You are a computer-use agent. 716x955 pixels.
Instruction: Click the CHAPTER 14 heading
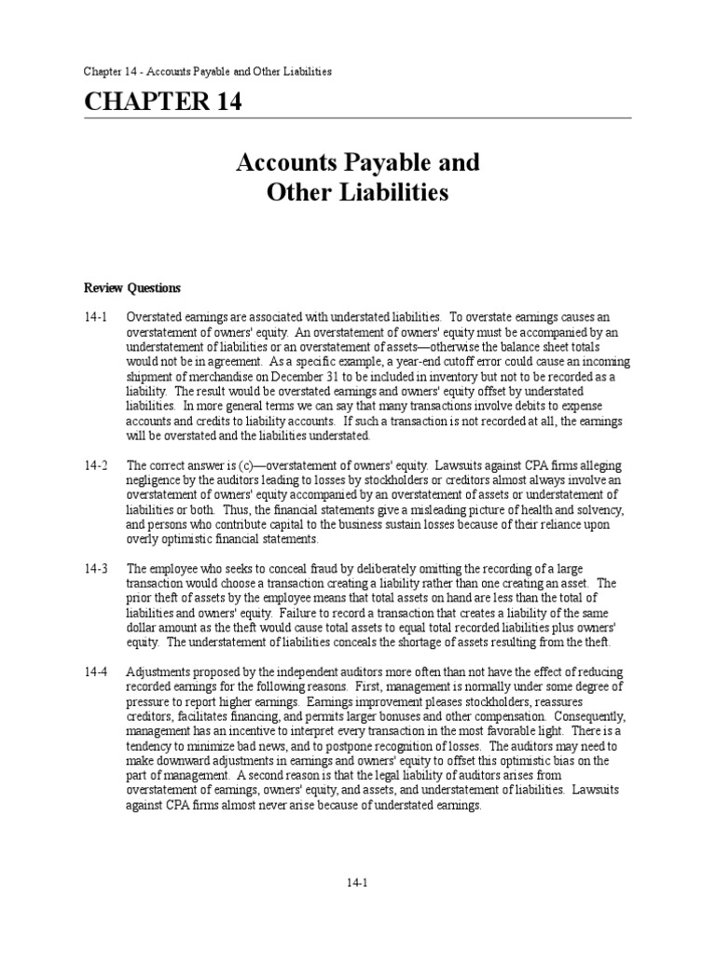tap(163, 103)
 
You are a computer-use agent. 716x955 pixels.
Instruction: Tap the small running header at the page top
tap(208, 71)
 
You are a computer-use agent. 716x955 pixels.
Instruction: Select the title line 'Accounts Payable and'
tap(358, 162)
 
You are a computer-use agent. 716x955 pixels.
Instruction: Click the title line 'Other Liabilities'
tap(358, 193)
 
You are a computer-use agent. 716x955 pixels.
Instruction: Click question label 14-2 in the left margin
tap(96, 464)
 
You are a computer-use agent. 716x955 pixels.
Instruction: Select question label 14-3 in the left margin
tap(96, 567)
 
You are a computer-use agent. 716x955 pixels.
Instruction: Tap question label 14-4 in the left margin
tap(96, 672)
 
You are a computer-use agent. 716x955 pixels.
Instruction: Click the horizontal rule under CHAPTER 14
tap(358, 118)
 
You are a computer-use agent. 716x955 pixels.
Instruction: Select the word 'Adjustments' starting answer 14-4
tap(157, 672)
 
